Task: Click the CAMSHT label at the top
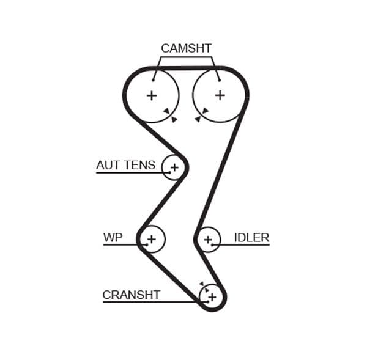(x=186, y=48)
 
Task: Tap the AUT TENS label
(x=126, y=165)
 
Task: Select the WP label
(x=113, y=237)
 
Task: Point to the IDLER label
(x=251, y=237)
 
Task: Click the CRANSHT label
(x=131, y=295)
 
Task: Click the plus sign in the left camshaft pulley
(x=151, y=95)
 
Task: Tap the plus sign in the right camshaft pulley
(x=220, y=95)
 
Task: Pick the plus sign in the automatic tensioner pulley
(x=174, y=167)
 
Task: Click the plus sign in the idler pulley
(x=208, y=239)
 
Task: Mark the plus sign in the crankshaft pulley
(x=212, y=297)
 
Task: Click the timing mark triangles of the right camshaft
(x=201, y=114)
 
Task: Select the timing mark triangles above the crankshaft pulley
(x=204, y=287)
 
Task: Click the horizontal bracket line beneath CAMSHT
(x=186, y=57)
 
